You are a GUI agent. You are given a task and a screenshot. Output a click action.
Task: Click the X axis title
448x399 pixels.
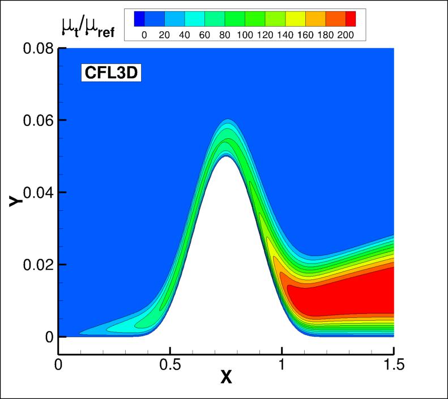coord(226,377)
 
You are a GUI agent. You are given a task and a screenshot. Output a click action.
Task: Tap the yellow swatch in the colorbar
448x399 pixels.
coord(296,19)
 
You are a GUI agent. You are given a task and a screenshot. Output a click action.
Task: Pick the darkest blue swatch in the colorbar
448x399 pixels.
coord(139,19)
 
